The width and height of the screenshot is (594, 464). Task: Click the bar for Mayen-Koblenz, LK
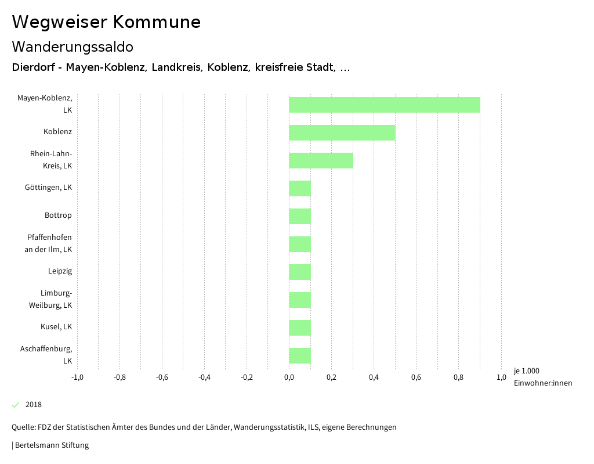click(x=385, y=105)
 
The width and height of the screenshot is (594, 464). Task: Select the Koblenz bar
click(x=342, y=132)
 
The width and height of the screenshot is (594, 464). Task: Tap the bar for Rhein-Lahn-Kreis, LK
click(x=321, y=160)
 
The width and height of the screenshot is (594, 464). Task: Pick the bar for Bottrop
click(x=300, y=216)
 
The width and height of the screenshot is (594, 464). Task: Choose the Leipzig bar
click(x=300, y=272)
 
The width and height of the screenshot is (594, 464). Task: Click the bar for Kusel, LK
click(x=300, y=328)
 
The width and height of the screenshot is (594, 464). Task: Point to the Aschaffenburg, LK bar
click(x=300, y=355)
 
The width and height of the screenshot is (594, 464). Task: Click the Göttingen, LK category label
click(x=48, y=188)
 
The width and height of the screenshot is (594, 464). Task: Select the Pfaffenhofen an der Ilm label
click(x=49, y=243)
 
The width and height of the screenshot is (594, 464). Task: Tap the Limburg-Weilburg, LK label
click(x=50, y=299)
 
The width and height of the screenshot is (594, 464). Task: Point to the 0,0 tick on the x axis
click(x=289, y=377)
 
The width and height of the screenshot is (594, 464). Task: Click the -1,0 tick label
click(x=77, y=377)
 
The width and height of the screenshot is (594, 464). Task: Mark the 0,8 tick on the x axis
click(x=458, y=377)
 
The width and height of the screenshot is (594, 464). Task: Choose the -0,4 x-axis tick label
click(x=204, y=377)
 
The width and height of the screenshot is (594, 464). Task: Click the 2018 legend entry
click(x=33, y=405)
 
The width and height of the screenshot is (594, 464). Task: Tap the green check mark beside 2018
click(x=16, y=405)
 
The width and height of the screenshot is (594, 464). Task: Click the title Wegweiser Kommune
click(x=106, y=22)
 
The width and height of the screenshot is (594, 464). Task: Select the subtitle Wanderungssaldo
click(x=73, y=46)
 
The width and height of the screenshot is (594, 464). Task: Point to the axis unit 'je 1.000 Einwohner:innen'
click(x=542, y=377)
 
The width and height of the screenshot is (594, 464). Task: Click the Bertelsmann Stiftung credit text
click(x=51, y=445)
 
